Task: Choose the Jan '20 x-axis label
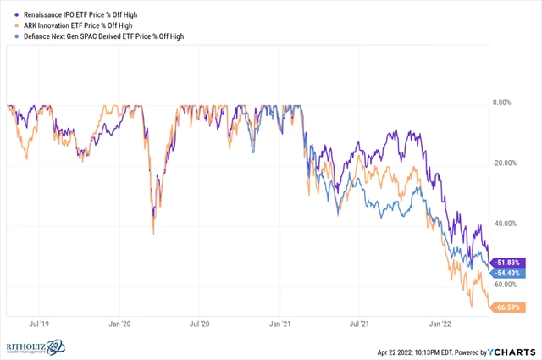tap(121, 324)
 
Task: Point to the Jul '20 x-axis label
tap(202, 324)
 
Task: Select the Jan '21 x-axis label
tap(281, 324)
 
